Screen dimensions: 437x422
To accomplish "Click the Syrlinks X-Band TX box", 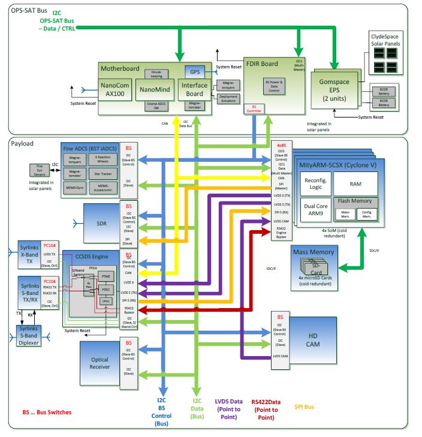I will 29,254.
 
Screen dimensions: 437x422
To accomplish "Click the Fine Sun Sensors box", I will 40,170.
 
